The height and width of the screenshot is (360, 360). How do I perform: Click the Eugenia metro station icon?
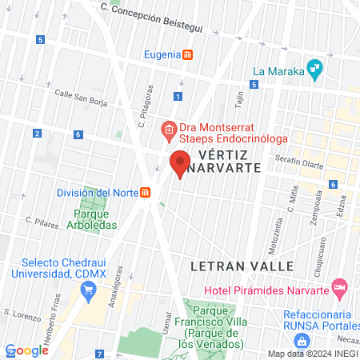[x=188, y=55]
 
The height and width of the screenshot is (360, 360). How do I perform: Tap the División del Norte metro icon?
[x=145, y=193]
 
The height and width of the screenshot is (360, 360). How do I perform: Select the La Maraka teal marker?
[x=315, y=70]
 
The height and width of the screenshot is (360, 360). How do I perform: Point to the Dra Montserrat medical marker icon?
[x=168, y=129]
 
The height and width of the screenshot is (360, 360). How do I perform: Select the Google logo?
[x=27, y=350]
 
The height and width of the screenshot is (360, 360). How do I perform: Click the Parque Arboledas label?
[x=95, y=219]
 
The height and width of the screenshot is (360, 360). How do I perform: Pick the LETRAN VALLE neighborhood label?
[x=232, y=265]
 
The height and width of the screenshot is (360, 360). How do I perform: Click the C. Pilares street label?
[x=42, y=222]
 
